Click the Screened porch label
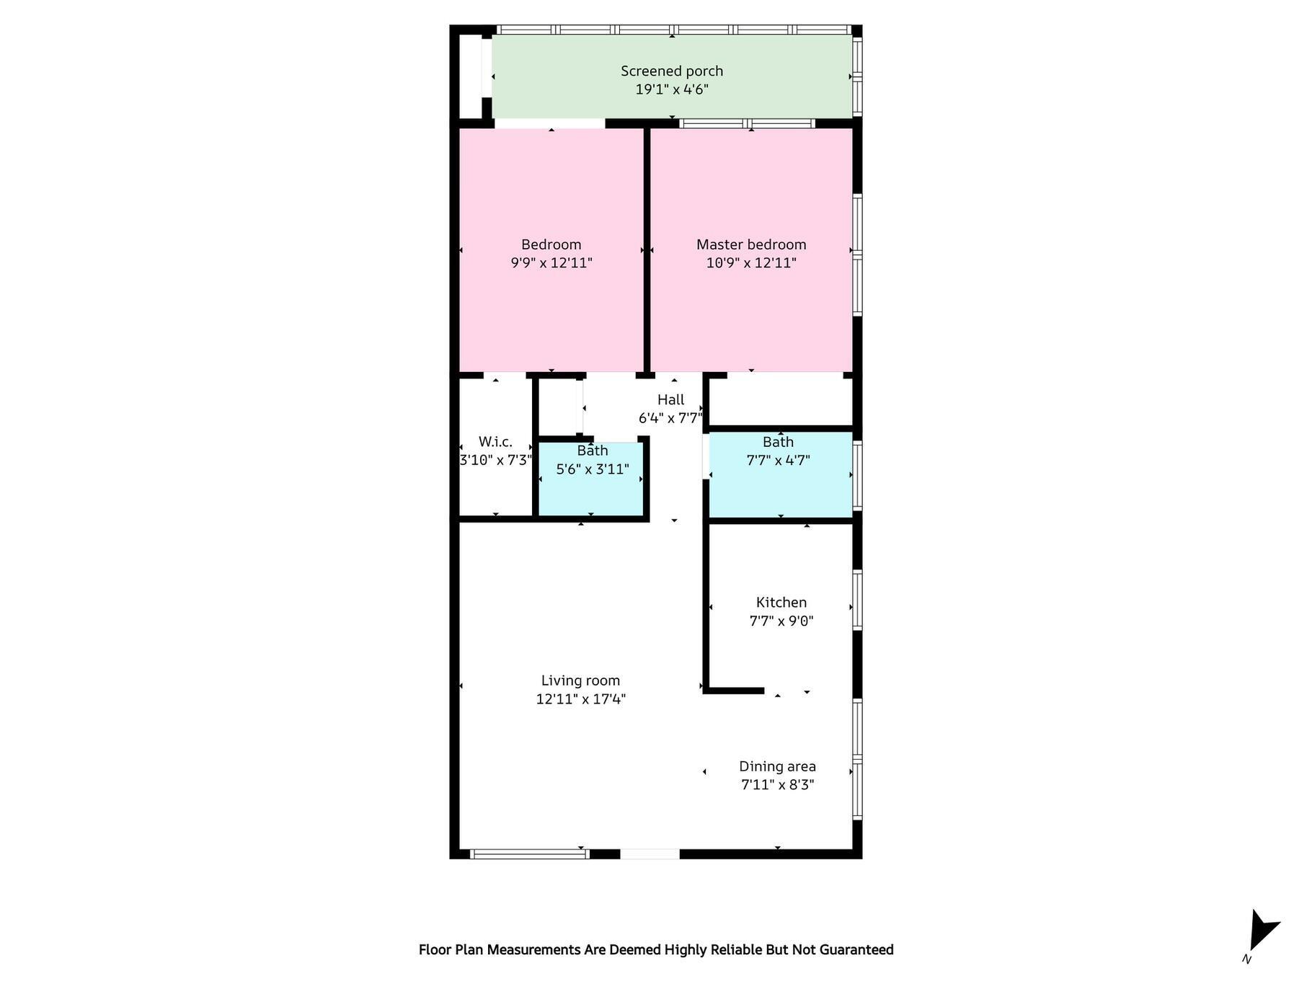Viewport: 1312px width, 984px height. (x=672, y=71)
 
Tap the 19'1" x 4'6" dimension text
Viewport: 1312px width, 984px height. (x=672, y=89)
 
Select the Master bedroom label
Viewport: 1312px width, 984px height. (x=751, y=244)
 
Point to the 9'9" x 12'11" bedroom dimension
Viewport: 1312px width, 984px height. (x=551, y=262)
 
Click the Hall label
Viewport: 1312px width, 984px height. (x=671, y=399)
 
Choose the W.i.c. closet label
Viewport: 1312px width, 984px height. (x=495, y=442)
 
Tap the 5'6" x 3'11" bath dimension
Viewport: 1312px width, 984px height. (x=593, y=469)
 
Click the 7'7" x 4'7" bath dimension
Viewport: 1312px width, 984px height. (x=779, y=460)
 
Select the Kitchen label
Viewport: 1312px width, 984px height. (x=781, y=602)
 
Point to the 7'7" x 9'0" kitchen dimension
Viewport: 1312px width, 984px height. (x=781, y=621)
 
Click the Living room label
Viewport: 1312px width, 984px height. (x=580, y=681)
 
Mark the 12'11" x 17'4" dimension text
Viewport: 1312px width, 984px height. (x=580, y=699)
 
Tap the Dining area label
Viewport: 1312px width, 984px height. (x=777, y=766)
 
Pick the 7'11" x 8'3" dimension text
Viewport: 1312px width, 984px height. (x=777, y=784)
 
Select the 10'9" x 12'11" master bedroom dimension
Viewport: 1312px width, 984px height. (x=751, y=262)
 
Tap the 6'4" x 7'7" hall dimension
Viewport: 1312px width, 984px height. (x=670, y=418)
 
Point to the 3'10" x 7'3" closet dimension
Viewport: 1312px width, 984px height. (x=496, y=460)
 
